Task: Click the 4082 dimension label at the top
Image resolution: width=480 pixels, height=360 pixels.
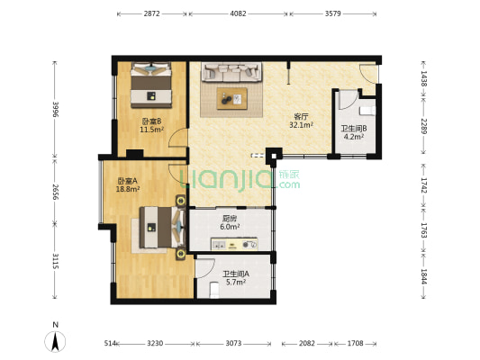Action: click(238, 14)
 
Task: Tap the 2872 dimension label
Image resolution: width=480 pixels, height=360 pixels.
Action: click(151, 14)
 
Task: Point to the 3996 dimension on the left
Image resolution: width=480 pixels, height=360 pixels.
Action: click(55, 109)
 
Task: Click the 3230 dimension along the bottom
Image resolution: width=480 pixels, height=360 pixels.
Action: click(155, 344)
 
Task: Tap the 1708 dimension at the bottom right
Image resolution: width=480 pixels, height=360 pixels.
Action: click(356, 344)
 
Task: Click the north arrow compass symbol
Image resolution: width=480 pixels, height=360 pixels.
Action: click(55, 340)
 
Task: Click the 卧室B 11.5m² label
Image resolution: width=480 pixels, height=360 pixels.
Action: click(151, 126)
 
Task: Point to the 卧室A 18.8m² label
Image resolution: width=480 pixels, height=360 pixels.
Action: click(129, 185)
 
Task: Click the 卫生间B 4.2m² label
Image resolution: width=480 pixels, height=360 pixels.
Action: click(352, 133)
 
